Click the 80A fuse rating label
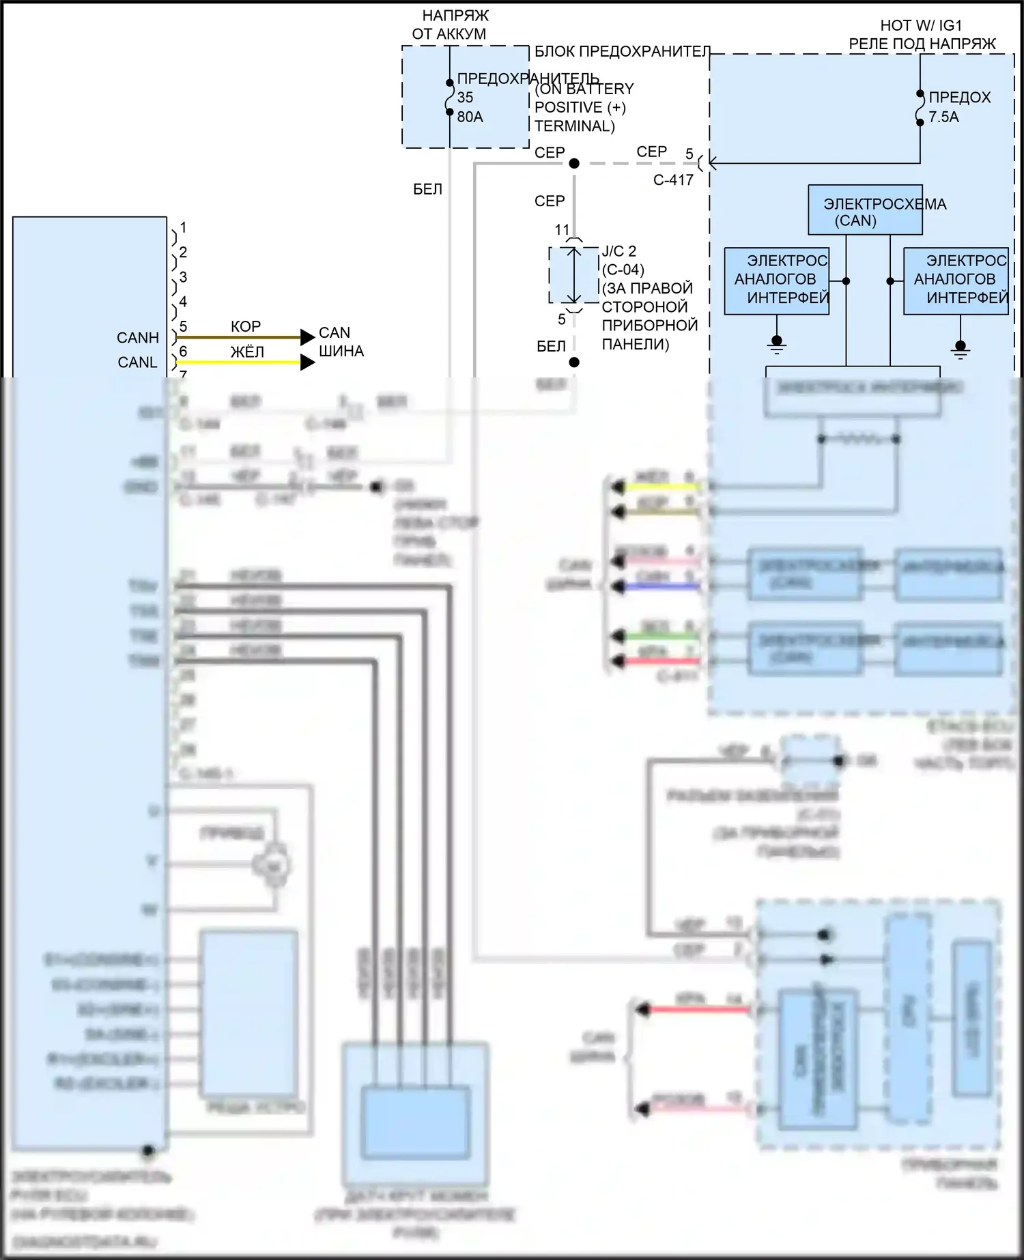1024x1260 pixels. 470,117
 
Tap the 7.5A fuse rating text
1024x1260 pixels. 943,117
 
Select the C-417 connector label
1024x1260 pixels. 673,180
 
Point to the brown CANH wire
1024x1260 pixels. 239,337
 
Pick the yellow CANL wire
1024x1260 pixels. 239,362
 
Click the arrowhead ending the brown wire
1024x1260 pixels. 307,337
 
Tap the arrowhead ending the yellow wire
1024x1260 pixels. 307,362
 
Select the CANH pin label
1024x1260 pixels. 138,338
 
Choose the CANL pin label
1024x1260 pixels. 138,362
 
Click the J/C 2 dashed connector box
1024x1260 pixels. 573,275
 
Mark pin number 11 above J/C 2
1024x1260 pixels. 562,230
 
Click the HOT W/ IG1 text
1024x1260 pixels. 921,26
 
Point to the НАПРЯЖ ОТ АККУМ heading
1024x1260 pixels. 451,25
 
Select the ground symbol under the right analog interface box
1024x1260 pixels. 960,349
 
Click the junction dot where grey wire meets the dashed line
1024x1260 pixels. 574,164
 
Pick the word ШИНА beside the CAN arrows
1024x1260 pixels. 341,352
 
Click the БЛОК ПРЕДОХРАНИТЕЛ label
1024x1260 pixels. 622,52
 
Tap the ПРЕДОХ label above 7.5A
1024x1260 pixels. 959,98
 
